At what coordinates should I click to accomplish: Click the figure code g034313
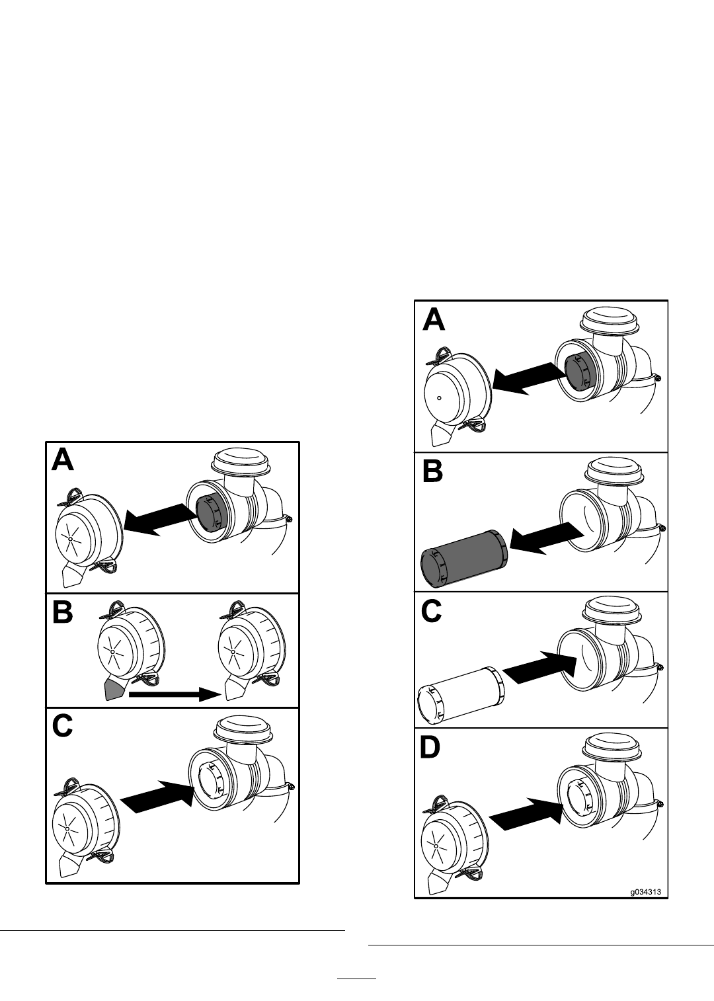click(646, 892)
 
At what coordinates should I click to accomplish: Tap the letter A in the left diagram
click(63, 460)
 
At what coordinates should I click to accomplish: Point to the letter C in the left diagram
click(62, 726)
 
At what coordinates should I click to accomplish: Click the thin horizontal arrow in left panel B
click(175, 694)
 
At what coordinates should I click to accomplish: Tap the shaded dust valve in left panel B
click(114, 690)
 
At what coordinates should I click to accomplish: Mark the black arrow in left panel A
click(161, 519)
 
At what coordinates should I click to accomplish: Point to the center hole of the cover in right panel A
click(440, 398)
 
